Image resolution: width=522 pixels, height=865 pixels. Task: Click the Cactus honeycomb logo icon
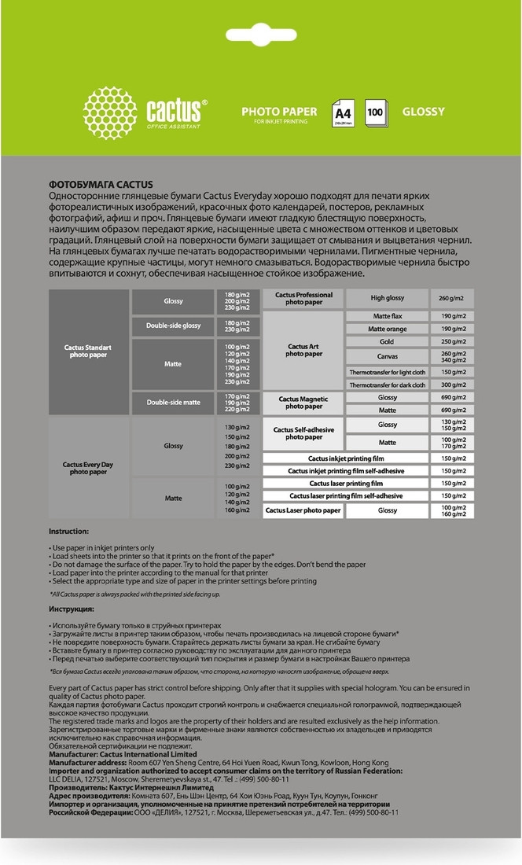pos(110,112)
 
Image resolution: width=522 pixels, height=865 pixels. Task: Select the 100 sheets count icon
pos(375,112)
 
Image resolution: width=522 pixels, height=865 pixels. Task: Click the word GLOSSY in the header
pos(424,112)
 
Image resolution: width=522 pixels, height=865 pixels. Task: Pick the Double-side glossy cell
pos(172,326)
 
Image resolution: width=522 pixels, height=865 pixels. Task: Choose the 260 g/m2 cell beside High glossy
pos(452,298)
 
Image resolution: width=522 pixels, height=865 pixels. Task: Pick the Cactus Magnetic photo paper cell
pos(303,403)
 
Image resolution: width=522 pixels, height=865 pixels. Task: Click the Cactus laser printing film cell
pos(346,484)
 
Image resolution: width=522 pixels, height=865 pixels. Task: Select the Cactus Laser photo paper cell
pos(303,510)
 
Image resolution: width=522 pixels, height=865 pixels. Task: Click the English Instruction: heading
pos(69,532)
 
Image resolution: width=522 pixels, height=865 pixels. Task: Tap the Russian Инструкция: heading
pos(72,609)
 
